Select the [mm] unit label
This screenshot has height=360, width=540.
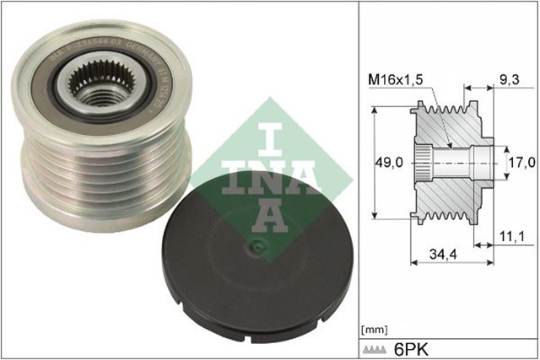tap(373, 327)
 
